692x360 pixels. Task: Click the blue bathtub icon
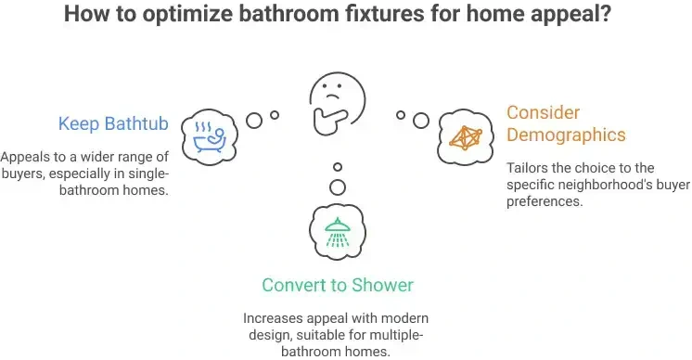pyautogui.click(x=210, y=135)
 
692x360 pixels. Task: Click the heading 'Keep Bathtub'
pyautogui.click(x=113, y=123)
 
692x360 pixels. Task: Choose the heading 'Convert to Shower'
pyautogui.click(x=337, y=285)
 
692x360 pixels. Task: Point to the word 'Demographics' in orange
pyautogui.click(x=566, y=135)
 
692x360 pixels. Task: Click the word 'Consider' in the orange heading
pyautogui.click(x=544, y=112)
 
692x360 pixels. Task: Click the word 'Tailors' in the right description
pyautogui.click(x=528, y=168)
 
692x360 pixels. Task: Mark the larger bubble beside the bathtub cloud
pyautogui.click(x=253, y=120)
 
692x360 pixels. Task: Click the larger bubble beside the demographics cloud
pyautogui.click(x=421, y=120)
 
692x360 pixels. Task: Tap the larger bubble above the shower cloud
pyautogui.click(x=338, y=187)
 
